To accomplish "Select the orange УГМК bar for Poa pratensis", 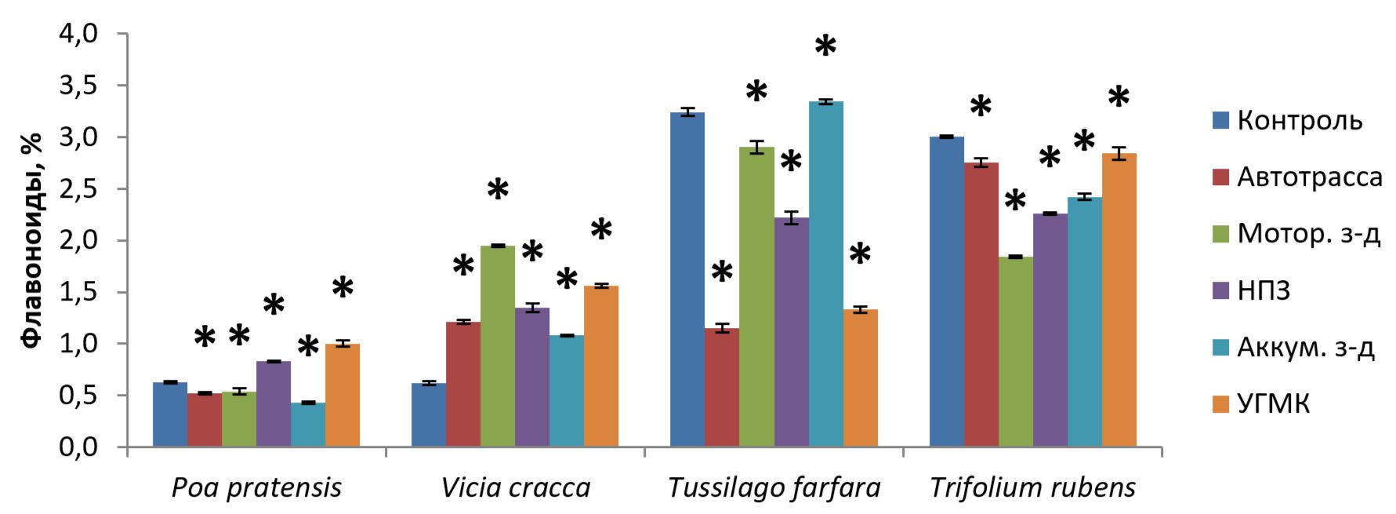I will [343, 396].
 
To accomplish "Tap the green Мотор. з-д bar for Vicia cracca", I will [498, 346].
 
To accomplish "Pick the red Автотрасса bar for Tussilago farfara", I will [722, 388].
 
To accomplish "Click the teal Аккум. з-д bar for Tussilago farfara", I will [826, 274].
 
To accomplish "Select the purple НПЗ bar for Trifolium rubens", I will [1050, 330].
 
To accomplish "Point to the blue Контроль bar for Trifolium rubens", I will [947, 291].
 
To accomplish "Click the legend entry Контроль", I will [1300, 121].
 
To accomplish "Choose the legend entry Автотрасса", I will [1309, 177].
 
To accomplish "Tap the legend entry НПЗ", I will [1264, 290].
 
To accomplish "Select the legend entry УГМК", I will [1273, 404].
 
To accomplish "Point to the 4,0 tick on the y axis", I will [78, 34].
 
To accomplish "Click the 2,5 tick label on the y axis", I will [78, 189].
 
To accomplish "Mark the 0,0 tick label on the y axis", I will [78, 447].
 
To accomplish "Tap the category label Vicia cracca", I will [516, 488].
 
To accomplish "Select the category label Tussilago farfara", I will [774, 488].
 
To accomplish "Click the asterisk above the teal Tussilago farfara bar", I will [825, 47].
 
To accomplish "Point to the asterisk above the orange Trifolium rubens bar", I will [1119, 98].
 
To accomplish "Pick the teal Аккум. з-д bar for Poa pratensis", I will [308, 425].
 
